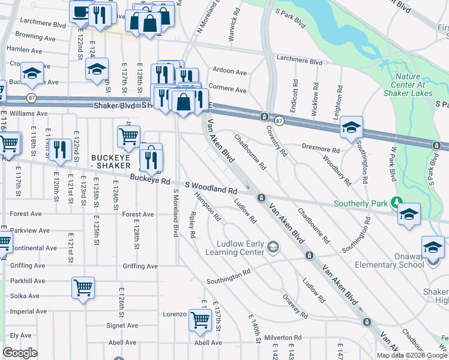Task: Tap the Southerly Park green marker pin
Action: [x=396, y=202]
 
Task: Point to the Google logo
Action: [x=20, y=352]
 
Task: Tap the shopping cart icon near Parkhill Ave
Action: [x=82, y=286]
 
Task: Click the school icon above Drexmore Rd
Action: [x=351, y=126]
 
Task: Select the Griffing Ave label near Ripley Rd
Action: [x=139, y=266]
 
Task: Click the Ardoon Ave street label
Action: [x=230, y=72]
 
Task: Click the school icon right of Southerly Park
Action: [x=409, y=213]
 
